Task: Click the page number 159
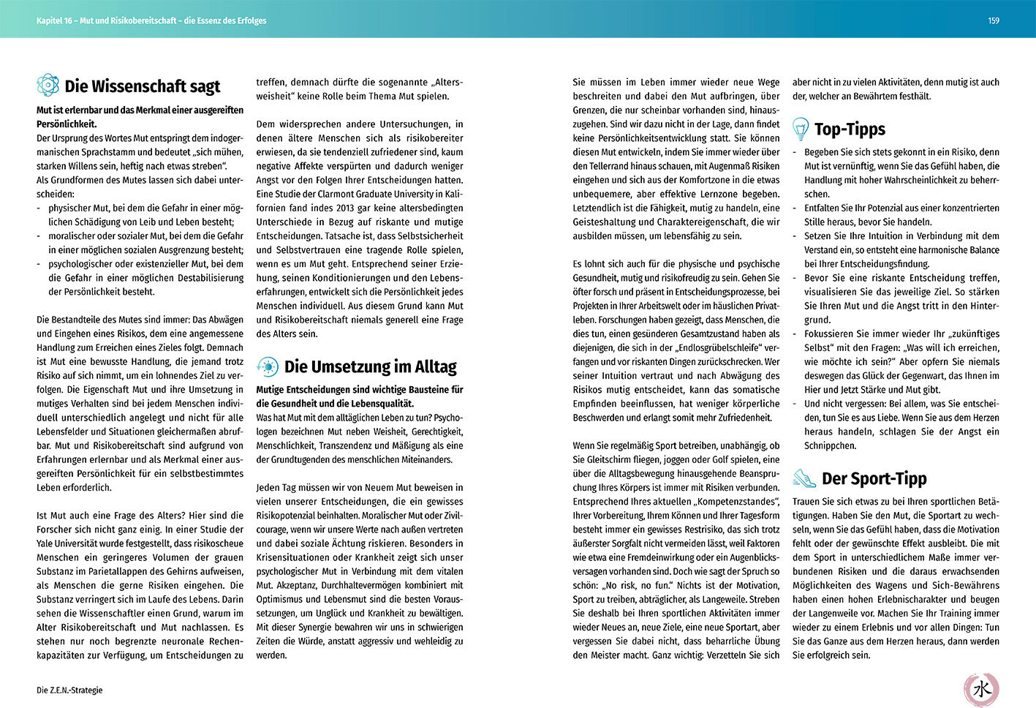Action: click(994, 20)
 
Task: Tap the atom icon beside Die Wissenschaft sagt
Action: click(48, 85)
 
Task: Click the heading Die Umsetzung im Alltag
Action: click(370, 366)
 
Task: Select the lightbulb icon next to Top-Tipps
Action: click(801, 129)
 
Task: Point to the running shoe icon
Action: click(804, 478)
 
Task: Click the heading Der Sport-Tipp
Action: click(874, 478)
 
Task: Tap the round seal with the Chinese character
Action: click(981, 688)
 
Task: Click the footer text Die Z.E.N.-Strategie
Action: click(69, 690)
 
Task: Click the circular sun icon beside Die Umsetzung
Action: click(267, 366)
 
